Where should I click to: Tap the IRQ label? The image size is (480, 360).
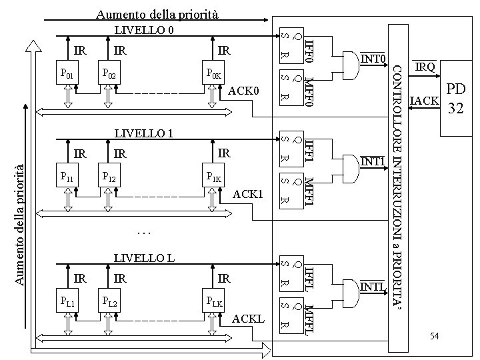tap(425, 67)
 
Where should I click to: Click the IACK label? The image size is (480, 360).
tap(425, 101)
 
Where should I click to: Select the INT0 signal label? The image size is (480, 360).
tap(374, 59)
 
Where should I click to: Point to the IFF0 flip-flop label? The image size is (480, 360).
tap(309, 50)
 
